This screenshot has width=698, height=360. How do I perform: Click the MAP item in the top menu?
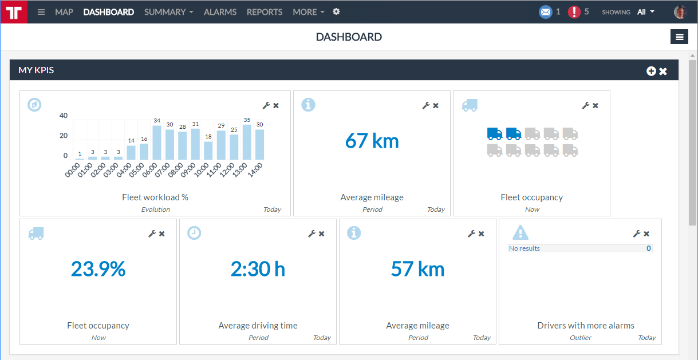(64, 12)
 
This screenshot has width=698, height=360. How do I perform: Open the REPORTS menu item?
(265, 12)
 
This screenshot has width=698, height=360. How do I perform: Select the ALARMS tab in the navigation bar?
(220, 12)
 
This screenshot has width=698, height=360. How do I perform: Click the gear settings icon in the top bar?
(336, 12)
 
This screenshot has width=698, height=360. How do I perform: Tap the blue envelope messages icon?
(545, 12)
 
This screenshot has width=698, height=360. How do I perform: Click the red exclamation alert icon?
(574, 12)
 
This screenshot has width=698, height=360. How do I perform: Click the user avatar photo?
(680, 12)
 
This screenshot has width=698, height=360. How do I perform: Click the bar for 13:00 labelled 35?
(247, 142)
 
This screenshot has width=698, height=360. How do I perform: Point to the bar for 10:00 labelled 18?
(208, 151)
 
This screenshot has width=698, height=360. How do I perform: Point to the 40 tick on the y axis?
(64, 116)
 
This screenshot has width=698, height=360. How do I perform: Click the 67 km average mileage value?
(372, 141)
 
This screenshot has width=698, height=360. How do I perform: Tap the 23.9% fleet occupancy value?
(98, 268)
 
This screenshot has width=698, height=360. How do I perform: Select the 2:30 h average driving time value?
(258, 268)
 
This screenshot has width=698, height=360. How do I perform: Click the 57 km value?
(417, 268)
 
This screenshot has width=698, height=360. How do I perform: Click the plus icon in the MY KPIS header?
(651, 71)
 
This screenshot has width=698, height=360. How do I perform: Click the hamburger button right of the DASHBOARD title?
(680, 37)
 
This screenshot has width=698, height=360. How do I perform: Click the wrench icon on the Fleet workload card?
(266, 105)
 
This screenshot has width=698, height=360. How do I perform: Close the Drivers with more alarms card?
(646, 234)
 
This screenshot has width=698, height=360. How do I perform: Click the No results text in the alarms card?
(525, 248)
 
